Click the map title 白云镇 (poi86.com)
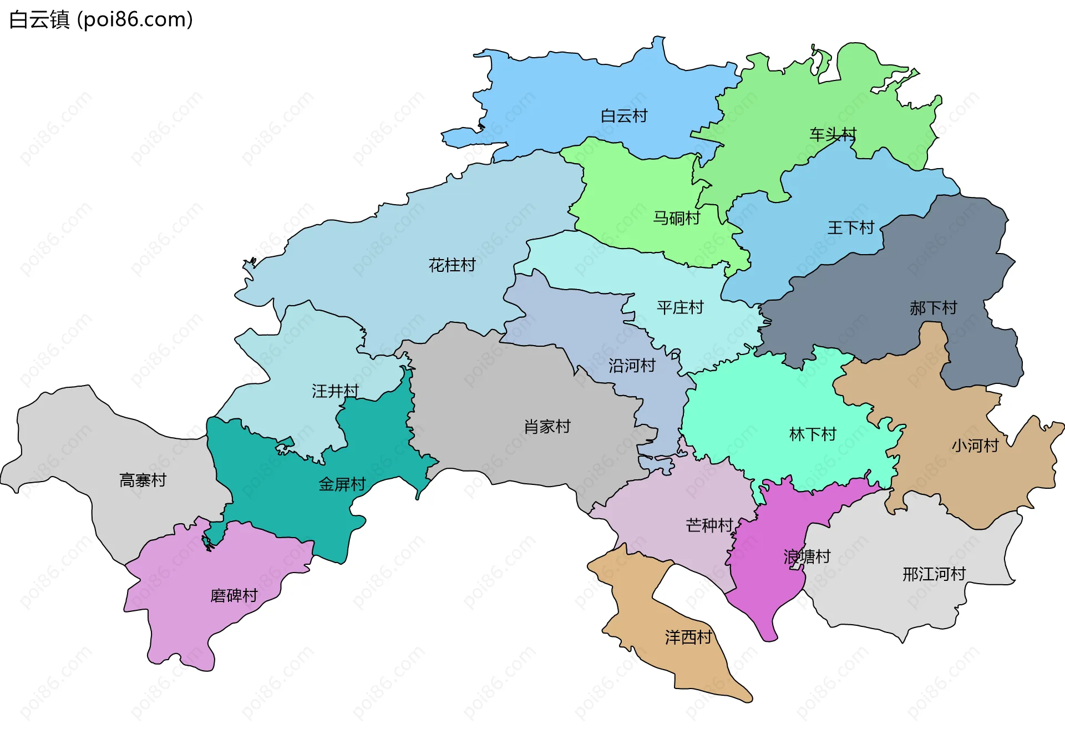tap(101, 19)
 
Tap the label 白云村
tap(624, 116)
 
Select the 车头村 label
tap(833, 134)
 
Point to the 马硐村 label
tap(676, 218)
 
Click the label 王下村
tap(850, 227)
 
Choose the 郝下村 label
tap(933, 308)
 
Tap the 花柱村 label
tap(452, 265)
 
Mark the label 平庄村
tap(680, 307)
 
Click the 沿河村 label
tap(632, 366)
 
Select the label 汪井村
tap(335, 391)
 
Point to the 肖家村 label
tap(547, 427)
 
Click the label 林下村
tap(813, 434)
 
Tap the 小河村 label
tap(975, 446)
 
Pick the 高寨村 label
tap(143, 480)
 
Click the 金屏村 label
tap(342, 484)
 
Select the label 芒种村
tap(709, 525)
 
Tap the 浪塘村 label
tap(807, 556)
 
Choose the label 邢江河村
tap(934, 574)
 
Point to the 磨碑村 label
tap(234, 595)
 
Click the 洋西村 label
tap(688, 637)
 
